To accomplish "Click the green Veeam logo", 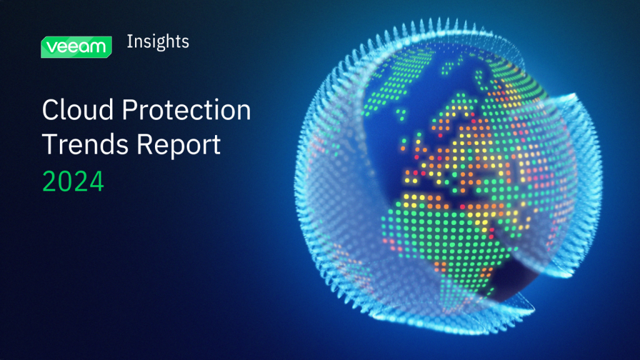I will [x=76, y=46].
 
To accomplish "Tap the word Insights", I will [x=157, y=42].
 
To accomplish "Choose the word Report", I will [x=179, y=146].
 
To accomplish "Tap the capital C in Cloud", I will [x=50, y=111].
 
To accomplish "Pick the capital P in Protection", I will [x=129, y=111].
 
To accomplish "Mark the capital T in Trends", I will [x=49, y=144].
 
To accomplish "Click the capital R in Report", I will [x=144, y=144].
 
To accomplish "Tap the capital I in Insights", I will [x=129, y=42].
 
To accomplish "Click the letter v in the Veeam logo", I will [x=51, y=47].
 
